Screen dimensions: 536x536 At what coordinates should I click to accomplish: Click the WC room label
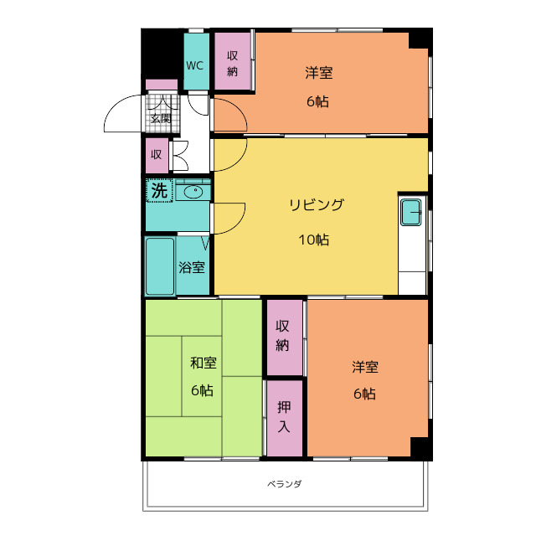[194, 65]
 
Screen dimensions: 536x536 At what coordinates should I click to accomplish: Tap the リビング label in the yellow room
[317, 205]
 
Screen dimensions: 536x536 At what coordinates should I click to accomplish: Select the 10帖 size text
[314, 240]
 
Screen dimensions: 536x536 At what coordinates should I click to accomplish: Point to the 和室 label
[204, 363]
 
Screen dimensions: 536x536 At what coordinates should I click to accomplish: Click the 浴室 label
[192, 267]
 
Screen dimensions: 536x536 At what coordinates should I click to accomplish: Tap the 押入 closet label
[284, 417]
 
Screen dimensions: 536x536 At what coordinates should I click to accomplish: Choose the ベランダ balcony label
[285, 484]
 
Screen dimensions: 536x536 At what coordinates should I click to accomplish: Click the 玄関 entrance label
[161, 119]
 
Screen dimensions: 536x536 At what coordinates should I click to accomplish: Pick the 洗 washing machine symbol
[159, 190]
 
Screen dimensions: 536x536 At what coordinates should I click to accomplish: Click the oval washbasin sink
[193, 192]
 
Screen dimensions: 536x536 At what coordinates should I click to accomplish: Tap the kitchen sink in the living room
[411, 213]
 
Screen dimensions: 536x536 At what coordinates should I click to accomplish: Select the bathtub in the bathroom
[160, 266]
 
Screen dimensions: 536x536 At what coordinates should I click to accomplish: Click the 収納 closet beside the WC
[233, 61]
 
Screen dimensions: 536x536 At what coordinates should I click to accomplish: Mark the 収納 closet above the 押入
[285, 337]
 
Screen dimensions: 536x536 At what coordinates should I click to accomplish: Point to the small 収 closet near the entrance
[157, 156]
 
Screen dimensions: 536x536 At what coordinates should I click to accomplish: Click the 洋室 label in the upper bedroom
[319, 73]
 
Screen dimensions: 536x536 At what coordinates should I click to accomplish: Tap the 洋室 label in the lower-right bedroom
[365, 367]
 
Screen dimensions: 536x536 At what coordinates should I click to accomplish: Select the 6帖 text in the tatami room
[203, 390]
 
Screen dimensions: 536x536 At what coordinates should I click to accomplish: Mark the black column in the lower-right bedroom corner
[421, 449]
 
